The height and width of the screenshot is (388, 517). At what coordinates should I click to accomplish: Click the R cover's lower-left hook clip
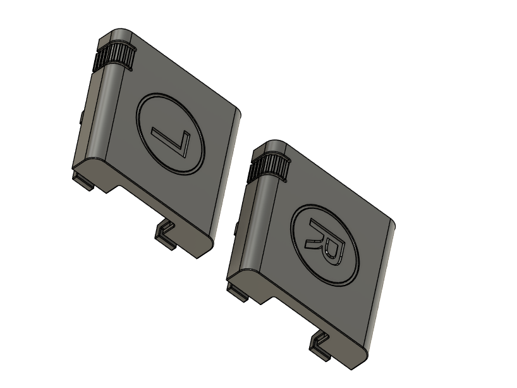coord(237,292)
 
